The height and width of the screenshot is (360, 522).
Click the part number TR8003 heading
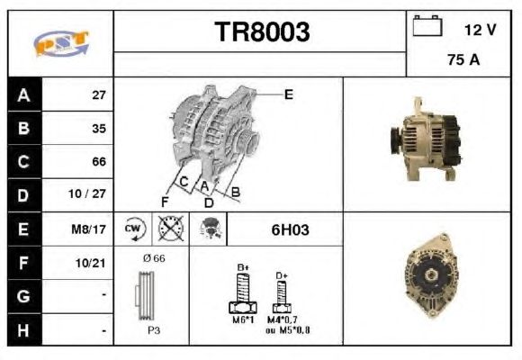(x=262, y=31)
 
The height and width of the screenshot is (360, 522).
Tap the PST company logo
(x=61, y=43)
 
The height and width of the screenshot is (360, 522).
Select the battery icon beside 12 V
(x=427, y=25)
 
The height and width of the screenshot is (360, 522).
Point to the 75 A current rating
(x=463, y=59)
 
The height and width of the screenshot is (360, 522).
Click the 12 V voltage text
(x=480, y=30)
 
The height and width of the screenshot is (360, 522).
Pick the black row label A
(x=24, y=94)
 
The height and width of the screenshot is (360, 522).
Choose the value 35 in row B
(x=99, y=129)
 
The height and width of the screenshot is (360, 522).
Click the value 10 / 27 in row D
(x=87, y=193)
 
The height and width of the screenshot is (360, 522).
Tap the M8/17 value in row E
(x=88, y=229)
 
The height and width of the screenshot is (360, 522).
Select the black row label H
(x=23, y=330)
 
